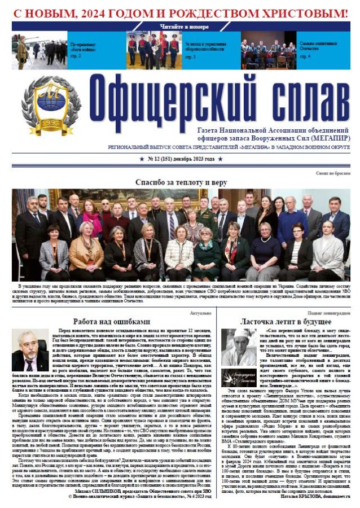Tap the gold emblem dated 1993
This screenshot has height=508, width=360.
(x=51, y=106)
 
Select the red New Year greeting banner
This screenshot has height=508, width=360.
(x=180, y=11)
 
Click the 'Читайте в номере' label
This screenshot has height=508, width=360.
(x=179, y=26)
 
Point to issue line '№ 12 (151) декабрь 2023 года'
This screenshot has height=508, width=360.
(x=180, y=160)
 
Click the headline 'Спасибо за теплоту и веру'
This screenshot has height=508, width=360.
(x=180, y=182)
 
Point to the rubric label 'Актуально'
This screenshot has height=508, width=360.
(x=201, y=312)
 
